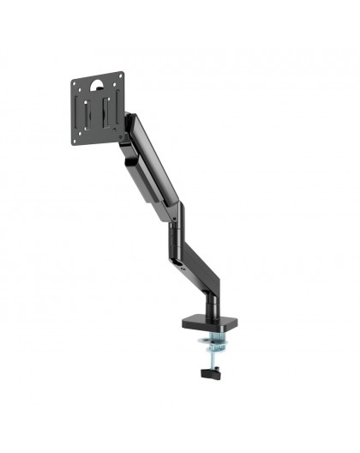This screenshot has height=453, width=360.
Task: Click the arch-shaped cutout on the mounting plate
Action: tap(97, 84)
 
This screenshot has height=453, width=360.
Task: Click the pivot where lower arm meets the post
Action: tap(207, 287)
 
